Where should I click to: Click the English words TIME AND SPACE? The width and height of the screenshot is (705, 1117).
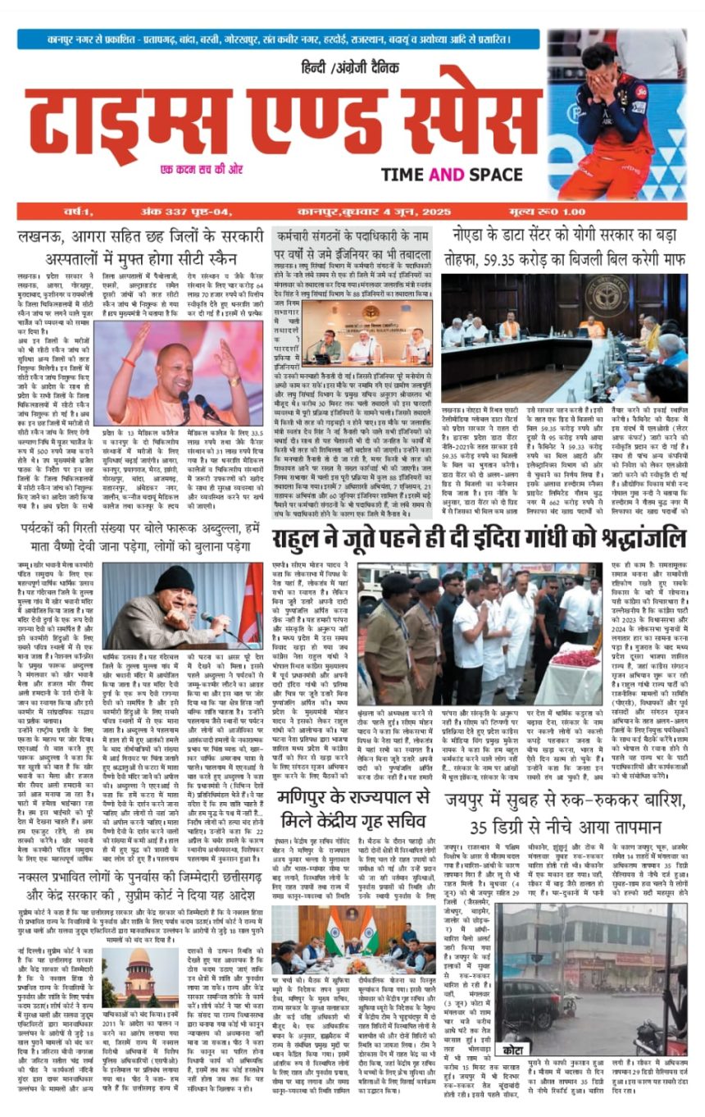452,174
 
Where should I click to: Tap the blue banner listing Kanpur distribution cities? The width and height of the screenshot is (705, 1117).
279,39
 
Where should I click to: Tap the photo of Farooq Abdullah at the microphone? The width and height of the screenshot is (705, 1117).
185,605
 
